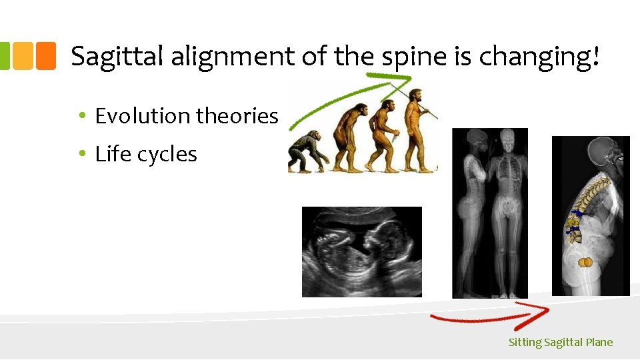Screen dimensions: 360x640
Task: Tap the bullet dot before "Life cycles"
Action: point(81,154)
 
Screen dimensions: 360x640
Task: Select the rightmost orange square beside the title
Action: point(45,56)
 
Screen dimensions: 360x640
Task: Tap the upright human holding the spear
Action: point(417,127)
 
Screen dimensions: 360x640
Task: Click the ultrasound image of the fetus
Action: point(361,251)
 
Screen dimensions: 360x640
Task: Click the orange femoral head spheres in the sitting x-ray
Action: point(585,263)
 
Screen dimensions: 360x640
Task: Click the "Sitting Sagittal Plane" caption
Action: point(560,343)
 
